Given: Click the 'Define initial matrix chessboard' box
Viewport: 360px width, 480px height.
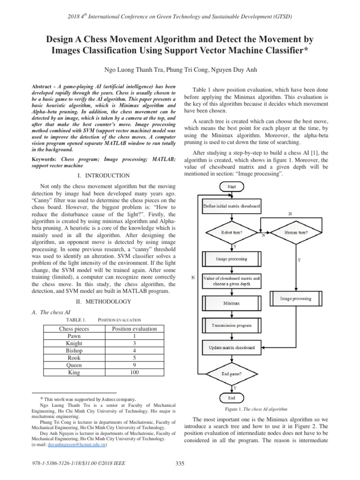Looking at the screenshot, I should pos(232,206).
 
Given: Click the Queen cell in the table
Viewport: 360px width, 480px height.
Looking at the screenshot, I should pos(74,365).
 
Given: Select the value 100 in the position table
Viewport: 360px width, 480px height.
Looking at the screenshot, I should pos(134,373).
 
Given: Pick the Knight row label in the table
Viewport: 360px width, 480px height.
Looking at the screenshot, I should pos(74,343).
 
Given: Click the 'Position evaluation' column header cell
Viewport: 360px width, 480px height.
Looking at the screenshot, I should pos(134,329).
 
